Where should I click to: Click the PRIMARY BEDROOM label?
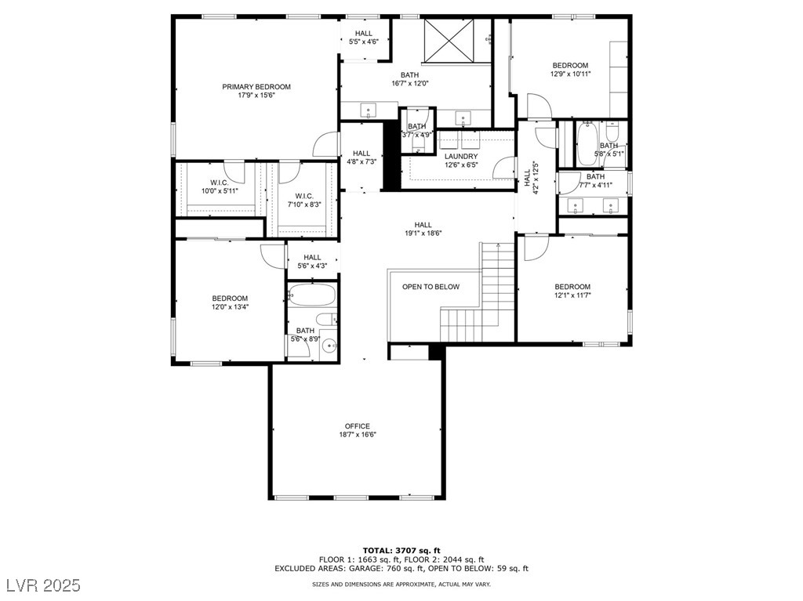[256, 86]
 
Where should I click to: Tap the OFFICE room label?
[358, 426]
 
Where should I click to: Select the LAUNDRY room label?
[461, 156]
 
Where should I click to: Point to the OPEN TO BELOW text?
[431, 287]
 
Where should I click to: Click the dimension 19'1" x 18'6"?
[423, 233]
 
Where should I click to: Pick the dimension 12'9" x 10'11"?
[570, 74]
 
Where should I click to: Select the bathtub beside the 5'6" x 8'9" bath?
[312, 295]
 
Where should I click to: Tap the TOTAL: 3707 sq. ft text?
[401, 551]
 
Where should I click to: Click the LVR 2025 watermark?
[44, 585]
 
